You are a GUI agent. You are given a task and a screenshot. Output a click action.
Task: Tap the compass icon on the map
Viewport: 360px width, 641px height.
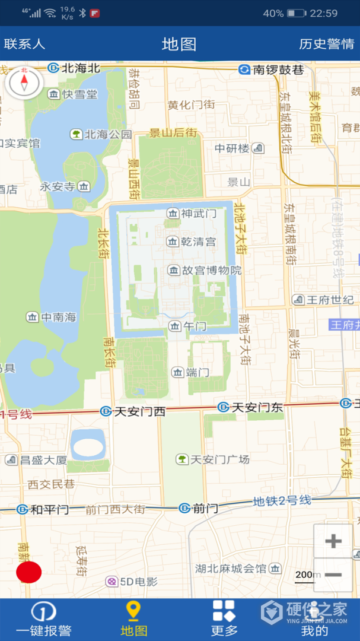(24, 83)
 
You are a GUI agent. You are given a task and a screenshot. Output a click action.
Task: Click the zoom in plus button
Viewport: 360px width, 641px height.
(333, 541)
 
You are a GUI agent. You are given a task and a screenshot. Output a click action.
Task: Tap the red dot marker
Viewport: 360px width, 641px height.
(28, 572)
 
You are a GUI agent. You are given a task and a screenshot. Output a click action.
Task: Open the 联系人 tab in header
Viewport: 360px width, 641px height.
(24, 44)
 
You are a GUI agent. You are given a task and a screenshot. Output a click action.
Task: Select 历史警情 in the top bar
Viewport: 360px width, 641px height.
(327, 44)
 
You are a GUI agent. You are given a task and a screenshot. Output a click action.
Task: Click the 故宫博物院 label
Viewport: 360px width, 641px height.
(205, 271)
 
